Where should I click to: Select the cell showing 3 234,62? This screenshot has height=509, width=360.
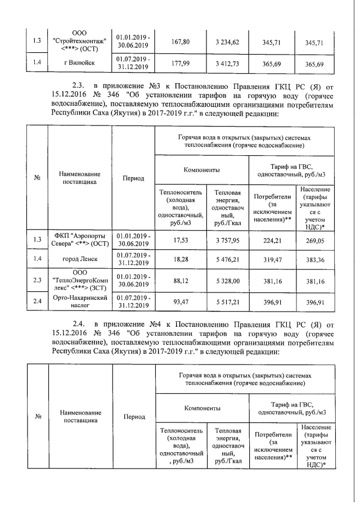[x=227, y=42]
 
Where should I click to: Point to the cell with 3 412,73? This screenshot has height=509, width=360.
[x=227, y=64]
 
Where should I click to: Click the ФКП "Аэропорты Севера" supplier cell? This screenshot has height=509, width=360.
[x=80, y=238]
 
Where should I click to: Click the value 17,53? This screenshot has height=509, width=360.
[x=182, y=238]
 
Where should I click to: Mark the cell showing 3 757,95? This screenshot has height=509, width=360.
[x=227, y=238]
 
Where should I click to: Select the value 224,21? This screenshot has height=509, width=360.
[x=273, y=238]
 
